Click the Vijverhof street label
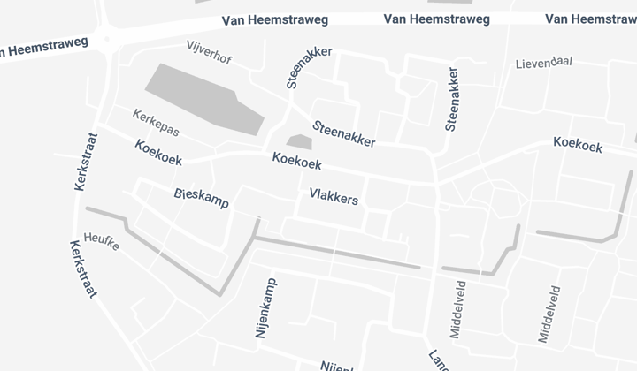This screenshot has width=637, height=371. (x=209, y=54)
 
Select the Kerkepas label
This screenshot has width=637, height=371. (x=156, y=122)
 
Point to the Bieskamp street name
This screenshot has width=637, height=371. (x=202, y=197)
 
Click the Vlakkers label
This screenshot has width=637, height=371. (x=334, y=197)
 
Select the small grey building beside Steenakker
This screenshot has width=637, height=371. (x=299, y=141)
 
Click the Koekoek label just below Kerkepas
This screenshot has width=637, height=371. (x=158, y=151)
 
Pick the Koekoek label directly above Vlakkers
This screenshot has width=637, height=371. (x=296, y=163)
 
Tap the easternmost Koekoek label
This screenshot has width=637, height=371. (x=577, y=143)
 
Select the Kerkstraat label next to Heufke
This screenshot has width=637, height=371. (x=82, y=270)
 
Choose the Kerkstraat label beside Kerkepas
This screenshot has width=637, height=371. (x=82, y=162)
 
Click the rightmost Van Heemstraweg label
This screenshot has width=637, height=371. (x=590, y=19)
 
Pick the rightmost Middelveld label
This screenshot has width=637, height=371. (x=549, y=314)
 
